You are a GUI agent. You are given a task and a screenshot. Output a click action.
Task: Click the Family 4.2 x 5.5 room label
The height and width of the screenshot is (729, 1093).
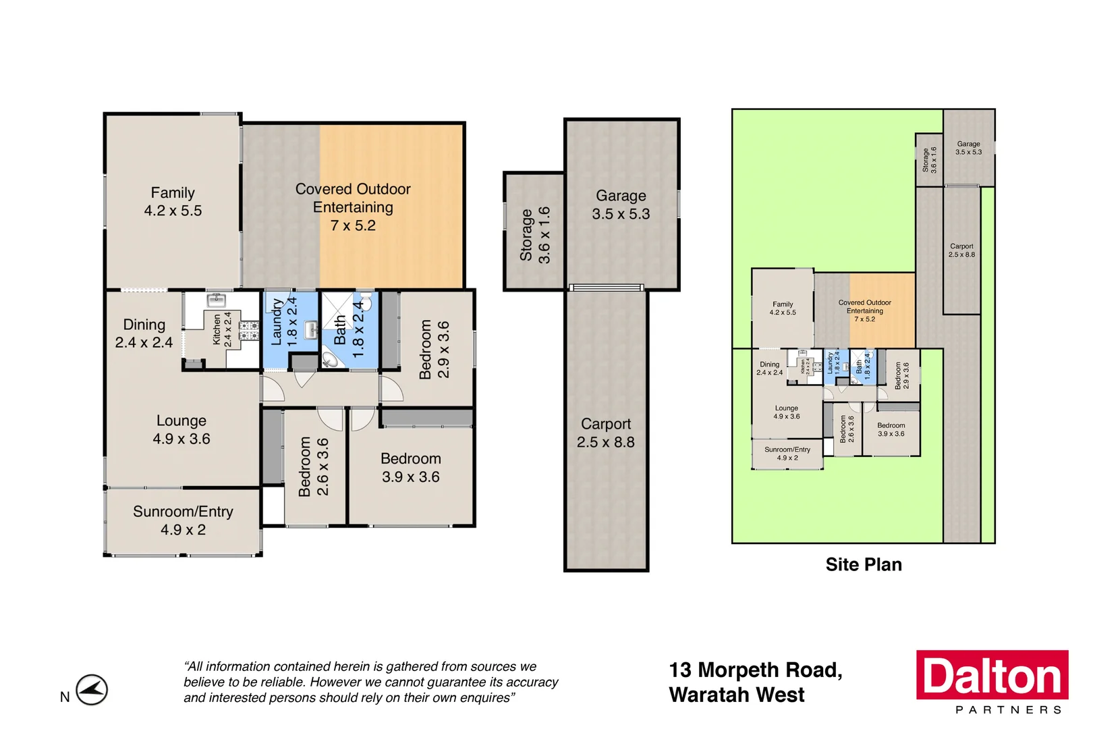click(x=173, y=202)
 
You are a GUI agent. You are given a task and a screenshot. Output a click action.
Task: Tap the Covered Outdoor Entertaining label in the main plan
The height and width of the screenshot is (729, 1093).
click(x=353, y=207)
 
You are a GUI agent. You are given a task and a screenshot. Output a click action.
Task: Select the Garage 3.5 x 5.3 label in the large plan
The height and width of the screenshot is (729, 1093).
click(x=621, y=205)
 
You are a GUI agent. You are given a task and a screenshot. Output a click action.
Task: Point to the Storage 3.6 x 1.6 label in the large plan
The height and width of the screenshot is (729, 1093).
click(x=535, y=235)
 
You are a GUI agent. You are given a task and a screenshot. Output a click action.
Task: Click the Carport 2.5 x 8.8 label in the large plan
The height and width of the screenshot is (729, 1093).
click(x=605, y=433)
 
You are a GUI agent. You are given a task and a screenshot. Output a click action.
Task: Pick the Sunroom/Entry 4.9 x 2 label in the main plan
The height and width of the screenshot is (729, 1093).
click(x=183, y=520)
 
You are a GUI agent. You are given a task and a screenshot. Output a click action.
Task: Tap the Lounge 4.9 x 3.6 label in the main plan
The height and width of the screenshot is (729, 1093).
click(x=181, y=429)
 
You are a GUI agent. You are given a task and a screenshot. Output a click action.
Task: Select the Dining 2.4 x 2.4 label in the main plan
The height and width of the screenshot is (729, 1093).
click(x=144, y=333)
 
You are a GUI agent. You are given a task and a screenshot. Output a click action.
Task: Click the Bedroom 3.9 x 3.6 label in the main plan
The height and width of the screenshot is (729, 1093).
click(x=410, y=468)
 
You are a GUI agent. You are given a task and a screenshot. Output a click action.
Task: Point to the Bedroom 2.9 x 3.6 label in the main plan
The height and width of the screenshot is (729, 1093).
click(x=434, y=349)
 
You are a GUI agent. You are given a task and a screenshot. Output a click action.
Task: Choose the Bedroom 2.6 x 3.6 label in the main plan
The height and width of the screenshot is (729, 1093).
click(x=314, y=466)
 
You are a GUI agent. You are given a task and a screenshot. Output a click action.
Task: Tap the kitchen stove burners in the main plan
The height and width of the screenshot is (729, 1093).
click(x=249, y=330)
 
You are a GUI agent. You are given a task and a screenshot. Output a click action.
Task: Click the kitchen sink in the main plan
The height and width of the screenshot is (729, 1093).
click(x=216, y=300)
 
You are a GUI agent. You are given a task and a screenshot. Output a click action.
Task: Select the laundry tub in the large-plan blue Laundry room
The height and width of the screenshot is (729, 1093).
click(x=310, y=330)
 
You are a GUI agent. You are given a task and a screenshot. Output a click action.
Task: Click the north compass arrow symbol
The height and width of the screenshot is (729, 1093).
click(x=91, y=690)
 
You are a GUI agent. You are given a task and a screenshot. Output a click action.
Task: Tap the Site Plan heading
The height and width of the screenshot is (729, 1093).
click(x=864, y=564)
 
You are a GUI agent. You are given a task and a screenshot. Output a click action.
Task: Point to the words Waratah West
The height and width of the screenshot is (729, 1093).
click(x=737, y=695)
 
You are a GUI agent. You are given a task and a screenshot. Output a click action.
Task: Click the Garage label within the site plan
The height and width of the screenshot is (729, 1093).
click(x=968, y=148)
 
